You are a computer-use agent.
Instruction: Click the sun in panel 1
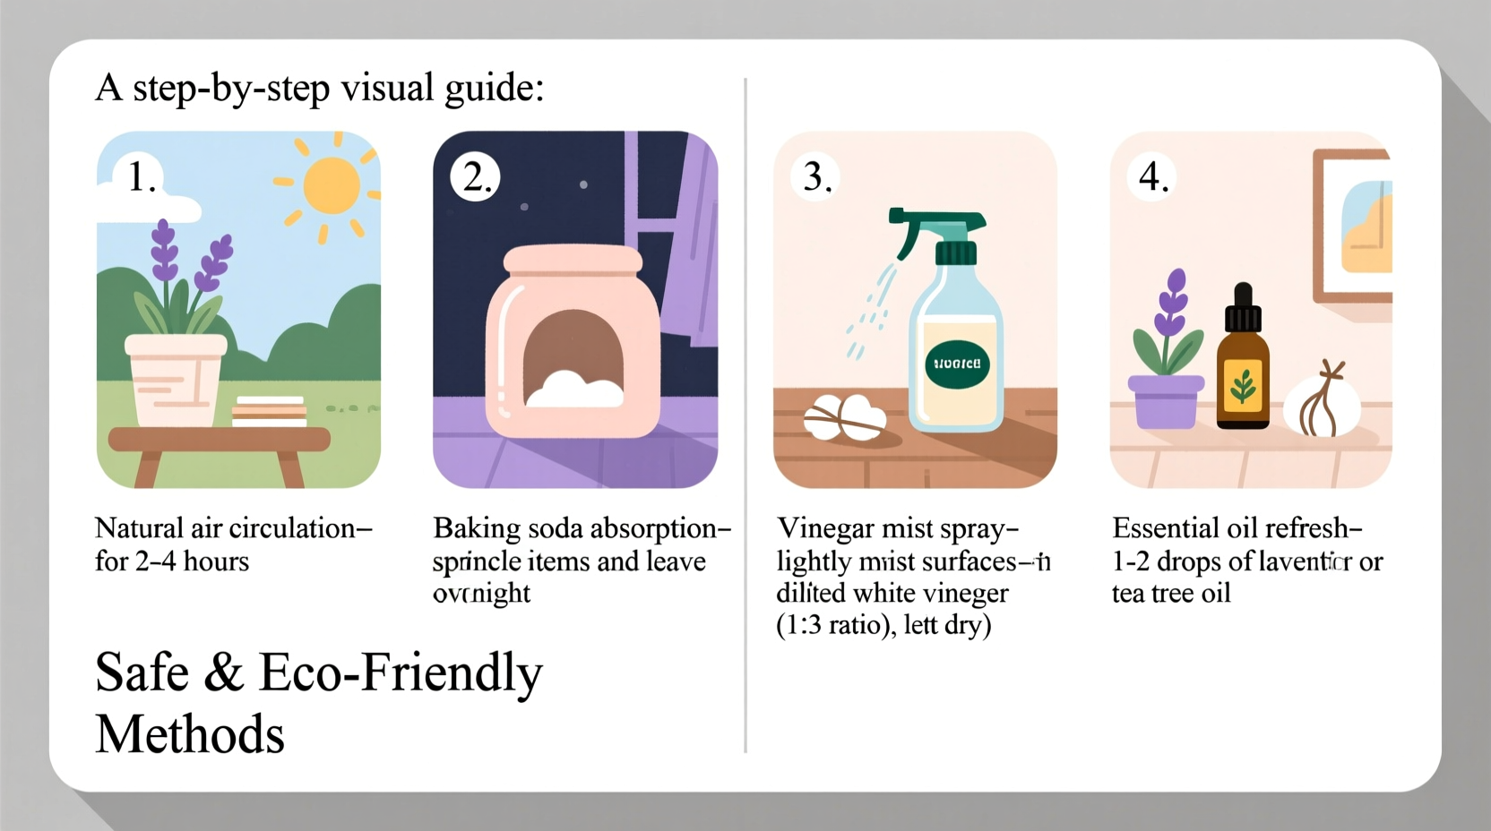tap(331, 186)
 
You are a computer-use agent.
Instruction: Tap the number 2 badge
tap(476, 176)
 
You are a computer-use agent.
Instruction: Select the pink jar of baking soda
tap(573, 345)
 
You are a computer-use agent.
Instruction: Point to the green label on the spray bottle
tap(957, 364)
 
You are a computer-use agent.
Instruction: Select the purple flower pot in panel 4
tap(1165, 402)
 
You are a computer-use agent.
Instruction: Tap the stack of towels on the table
tap(270, 411)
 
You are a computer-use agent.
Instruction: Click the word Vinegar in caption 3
tap(825, 529)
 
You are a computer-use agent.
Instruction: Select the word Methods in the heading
tap(190, 735)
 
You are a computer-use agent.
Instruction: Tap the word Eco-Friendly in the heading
tap(401, 673)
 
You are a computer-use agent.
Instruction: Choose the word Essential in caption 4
tap(1166, 528)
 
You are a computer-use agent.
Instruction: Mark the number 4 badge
tap(1153, 176)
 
